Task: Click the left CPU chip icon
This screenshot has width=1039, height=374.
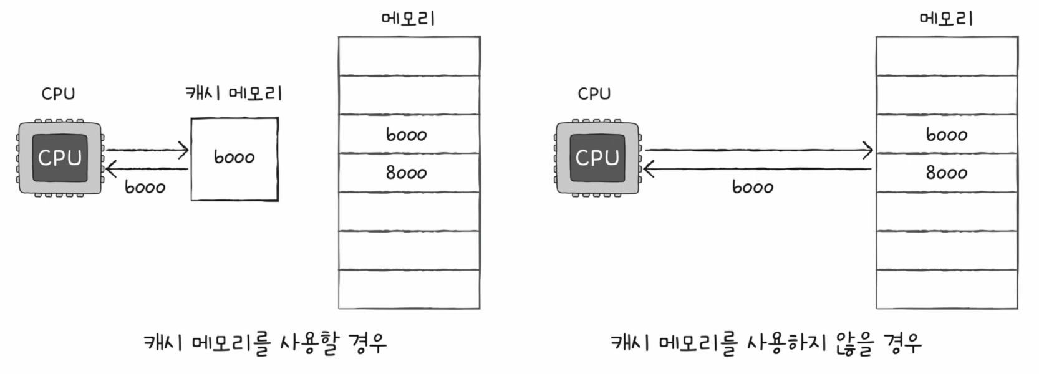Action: tap(60, 158)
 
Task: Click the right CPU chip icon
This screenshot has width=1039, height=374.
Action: tap(597, 158)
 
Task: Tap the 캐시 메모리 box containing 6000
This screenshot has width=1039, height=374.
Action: tap(234, 159)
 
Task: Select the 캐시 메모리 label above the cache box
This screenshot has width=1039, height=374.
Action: tap(234, 93)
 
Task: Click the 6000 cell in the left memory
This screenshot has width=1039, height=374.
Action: tap(408, 134)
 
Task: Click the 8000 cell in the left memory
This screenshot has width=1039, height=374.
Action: tap(408, 173)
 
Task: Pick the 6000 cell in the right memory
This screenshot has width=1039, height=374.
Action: tap(947, 134)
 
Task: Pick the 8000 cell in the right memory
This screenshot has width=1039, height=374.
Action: tap(947, 173)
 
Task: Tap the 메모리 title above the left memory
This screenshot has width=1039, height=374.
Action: tap(408, 18)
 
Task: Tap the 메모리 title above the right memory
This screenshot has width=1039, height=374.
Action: tap(947, 18)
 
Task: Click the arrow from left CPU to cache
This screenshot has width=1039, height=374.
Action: tap(147, 150)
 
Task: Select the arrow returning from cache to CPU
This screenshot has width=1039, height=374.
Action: tap(147, 169)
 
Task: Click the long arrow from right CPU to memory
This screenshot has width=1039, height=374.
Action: tap(758, 150)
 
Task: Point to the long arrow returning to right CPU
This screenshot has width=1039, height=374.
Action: tap(758, 169)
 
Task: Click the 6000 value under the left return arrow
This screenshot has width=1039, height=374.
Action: tap(145, 187)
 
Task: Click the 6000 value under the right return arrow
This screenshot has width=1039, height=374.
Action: tap(753, 187)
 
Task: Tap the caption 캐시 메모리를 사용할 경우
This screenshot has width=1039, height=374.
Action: tap(265, 343)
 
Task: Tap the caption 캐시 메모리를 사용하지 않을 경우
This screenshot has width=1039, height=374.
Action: tap(766, 343)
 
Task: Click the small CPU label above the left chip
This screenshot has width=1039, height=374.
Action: tap(58, 94)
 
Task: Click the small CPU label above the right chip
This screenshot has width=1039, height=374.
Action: tap(594, 94)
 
